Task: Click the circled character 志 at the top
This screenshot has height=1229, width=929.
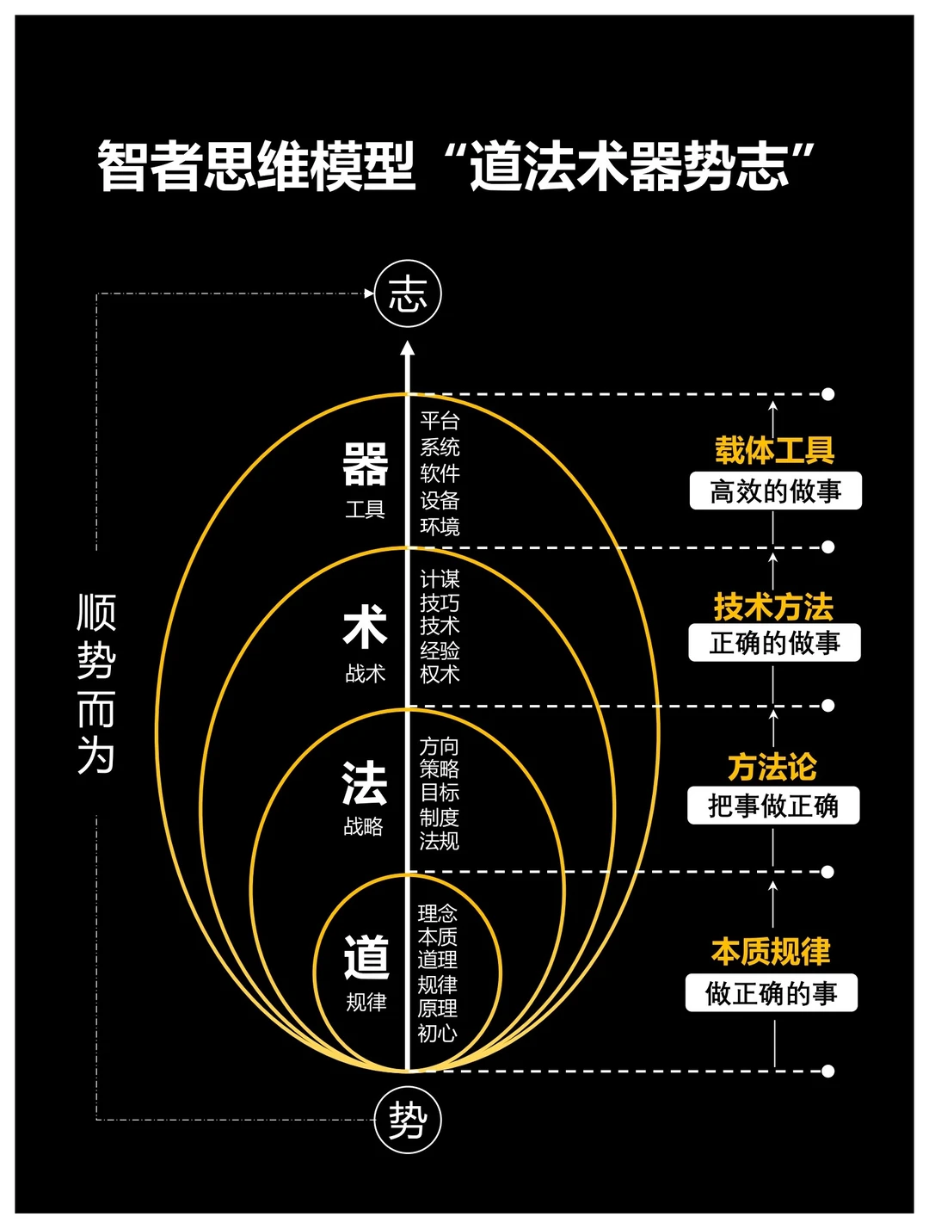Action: [408, 294]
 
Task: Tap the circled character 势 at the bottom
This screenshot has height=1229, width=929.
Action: [408, 1121]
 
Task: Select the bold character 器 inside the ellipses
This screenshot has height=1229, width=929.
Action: [366, 465]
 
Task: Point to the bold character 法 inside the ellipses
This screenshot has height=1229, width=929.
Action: [364, 783]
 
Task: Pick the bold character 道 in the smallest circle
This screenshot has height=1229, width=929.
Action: [366, 957]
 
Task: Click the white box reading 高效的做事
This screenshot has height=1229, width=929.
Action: [775, 491]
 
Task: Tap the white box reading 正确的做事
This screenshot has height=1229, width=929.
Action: [774, 643]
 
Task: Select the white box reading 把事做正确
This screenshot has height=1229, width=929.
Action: [772, 806]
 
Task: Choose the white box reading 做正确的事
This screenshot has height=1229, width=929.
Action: [771, 993]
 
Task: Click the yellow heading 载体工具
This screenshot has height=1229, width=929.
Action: [775, 450]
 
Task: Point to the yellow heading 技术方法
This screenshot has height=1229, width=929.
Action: [773, 607]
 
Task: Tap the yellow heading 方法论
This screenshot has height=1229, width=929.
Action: [772, 766]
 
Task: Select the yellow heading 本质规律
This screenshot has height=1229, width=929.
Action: [771, 951]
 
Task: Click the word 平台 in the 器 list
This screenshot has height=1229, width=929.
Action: [440, 421]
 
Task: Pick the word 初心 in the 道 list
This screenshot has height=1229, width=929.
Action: [437, 1033]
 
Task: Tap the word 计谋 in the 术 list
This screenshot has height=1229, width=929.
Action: [440, 578]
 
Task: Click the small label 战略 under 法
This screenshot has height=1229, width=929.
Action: [363, 827]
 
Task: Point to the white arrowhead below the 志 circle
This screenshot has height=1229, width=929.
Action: [408, 349]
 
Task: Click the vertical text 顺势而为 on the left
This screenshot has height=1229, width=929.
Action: [95, 684]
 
